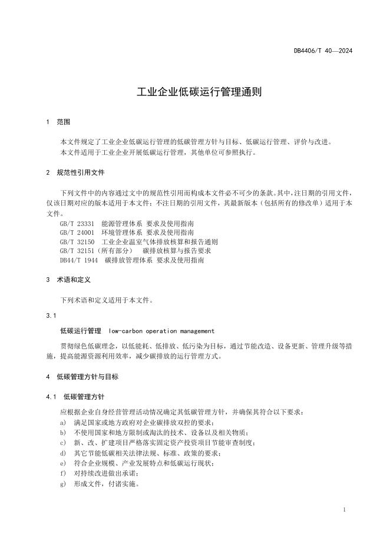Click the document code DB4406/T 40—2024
point(323,51)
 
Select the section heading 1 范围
point(58,122)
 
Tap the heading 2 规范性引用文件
point(76,173)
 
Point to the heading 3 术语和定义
point(68,280)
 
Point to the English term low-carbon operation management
point(161,331)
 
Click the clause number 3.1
point(51,316)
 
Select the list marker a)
point(63,423)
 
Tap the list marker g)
point(63,485)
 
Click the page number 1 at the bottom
point(343,510)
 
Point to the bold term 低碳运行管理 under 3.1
point(81,331)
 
